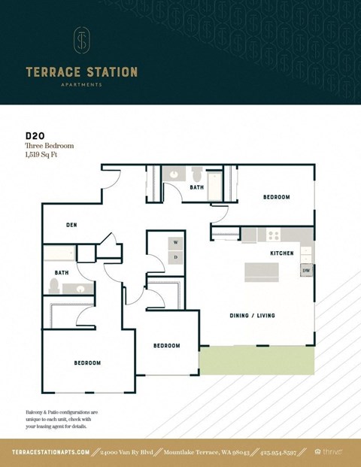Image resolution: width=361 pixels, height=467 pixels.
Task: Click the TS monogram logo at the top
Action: coord(81,41)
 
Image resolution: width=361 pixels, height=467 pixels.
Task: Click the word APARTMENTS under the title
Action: coord(81,85)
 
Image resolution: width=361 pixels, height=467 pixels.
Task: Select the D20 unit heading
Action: coord(35,136)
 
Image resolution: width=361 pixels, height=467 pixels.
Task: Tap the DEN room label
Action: coord(71,224)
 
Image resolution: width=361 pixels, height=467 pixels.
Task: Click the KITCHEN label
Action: coord(282,253)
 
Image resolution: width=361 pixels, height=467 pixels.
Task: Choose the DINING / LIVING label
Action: coord(251,315)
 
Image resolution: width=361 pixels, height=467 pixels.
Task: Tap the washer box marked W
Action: coord(175,242)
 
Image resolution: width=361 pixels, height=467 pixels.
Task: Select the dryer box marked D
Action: coord(175,257)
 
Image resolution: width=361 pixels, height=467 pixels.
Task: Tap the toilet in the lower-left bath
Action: coord(53,285)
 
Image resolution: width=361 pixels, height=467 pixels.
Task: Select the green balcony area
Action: coord(256,359)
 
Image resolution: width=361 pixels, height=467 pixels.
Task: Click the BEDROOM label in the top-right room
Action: coord(276,197)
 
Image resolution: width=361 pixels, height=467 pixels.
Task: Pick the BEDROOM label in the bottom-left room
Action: coord(87,363)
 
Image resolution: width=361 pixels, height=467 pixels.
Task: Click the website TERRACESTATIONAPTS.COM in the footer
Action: coord(51,452)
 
